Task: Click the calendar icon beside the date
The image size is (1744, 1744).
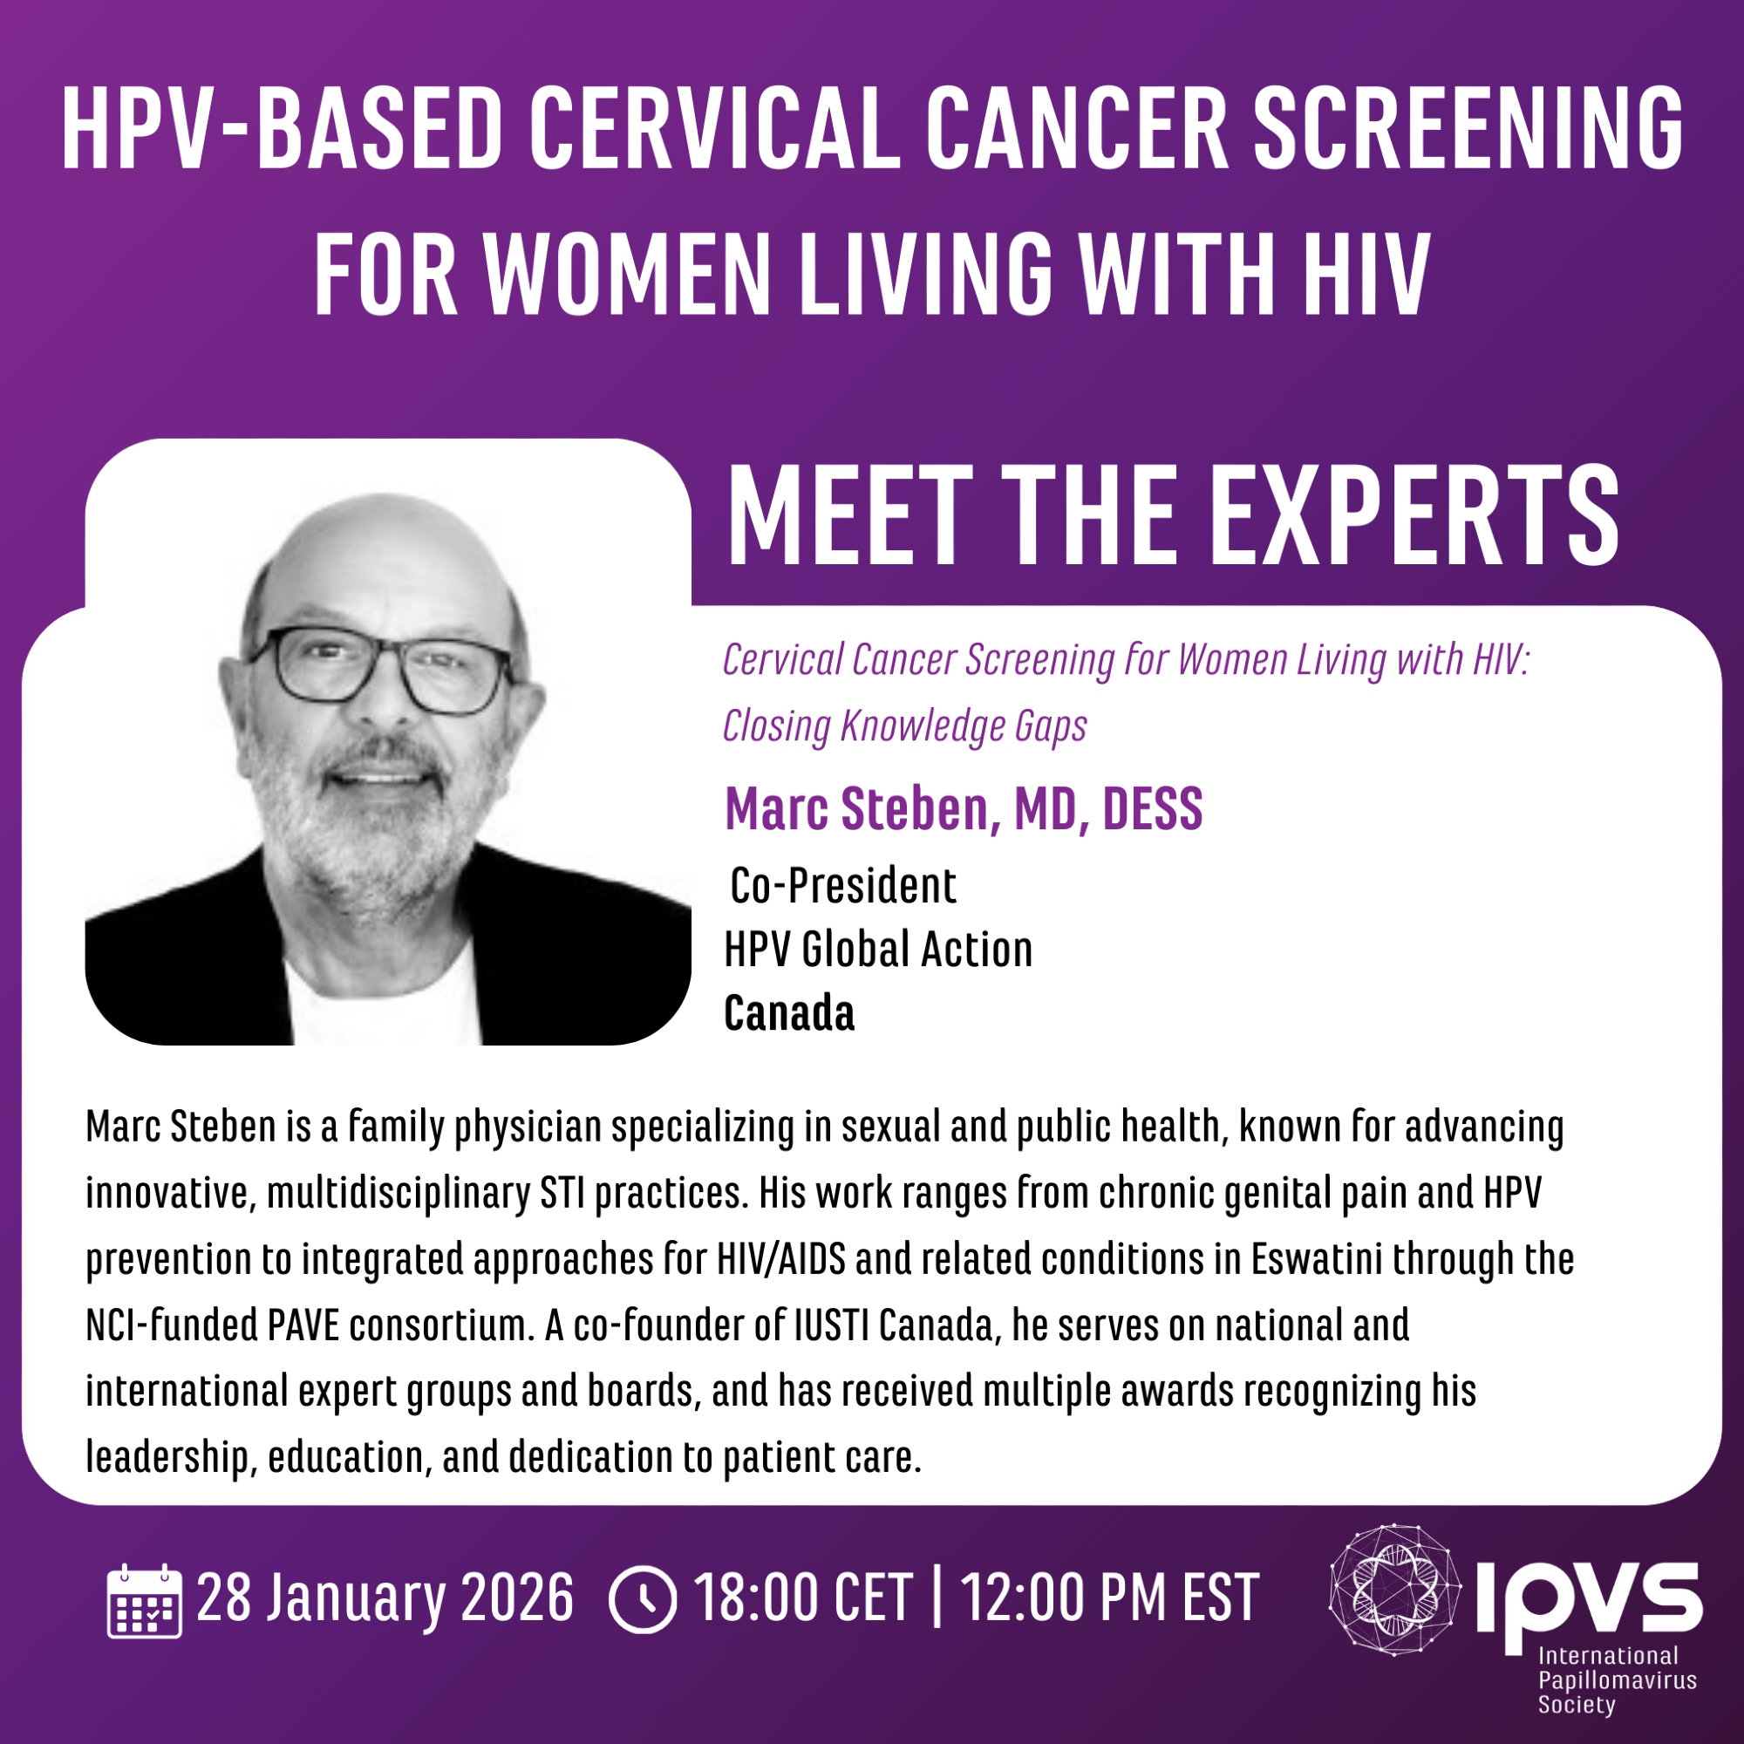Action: [x=145, y=1600]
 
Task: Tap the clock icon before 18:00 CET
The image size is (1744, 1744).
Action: [x=643, y=1600]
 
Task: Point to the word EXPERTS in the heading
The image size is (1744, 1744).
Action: [x=1401, y=516]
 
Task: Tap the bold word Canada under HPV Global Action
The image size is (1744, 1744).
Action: [x=789, y=1012]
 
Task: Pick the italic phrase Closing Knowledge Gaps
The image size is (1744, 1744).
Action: [x=904, y=726]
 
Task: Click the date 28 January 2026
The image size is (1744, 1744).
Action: [x=385, y=1598]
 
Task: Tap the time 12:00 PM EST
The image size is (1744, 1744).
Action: [x=1109, y=1598]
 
